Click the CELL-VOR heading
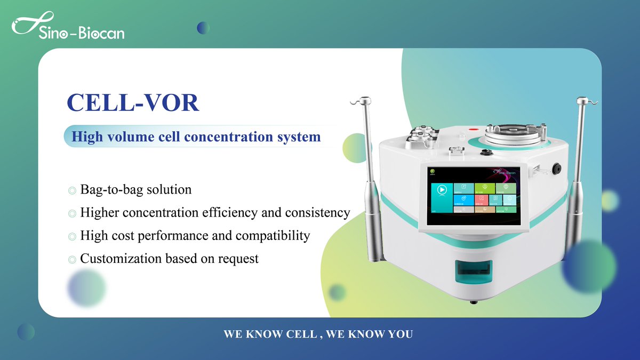click(133, 102)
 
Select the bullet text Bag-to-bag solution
click(135, 189)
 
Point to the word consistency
click(317, 213)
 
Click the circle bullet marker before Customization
click(72, 260)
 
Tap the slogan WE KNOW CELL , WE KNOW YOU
click(318, 334)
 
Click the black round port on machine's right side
click(556, 169)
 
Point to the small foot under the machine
click(473, 302)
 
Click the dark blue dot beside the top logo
click(203, 28)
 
